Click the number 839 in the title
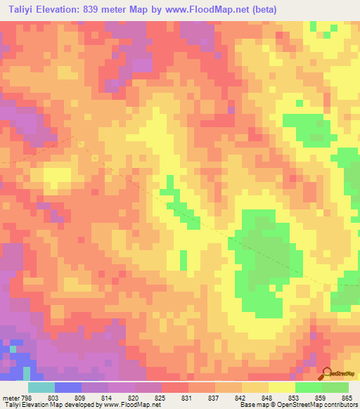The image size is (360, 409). pos(96,9)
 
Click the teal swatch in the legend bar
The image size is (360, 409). pos(41,387)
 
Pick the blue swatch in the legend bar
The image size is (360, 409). pos(67,387)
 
